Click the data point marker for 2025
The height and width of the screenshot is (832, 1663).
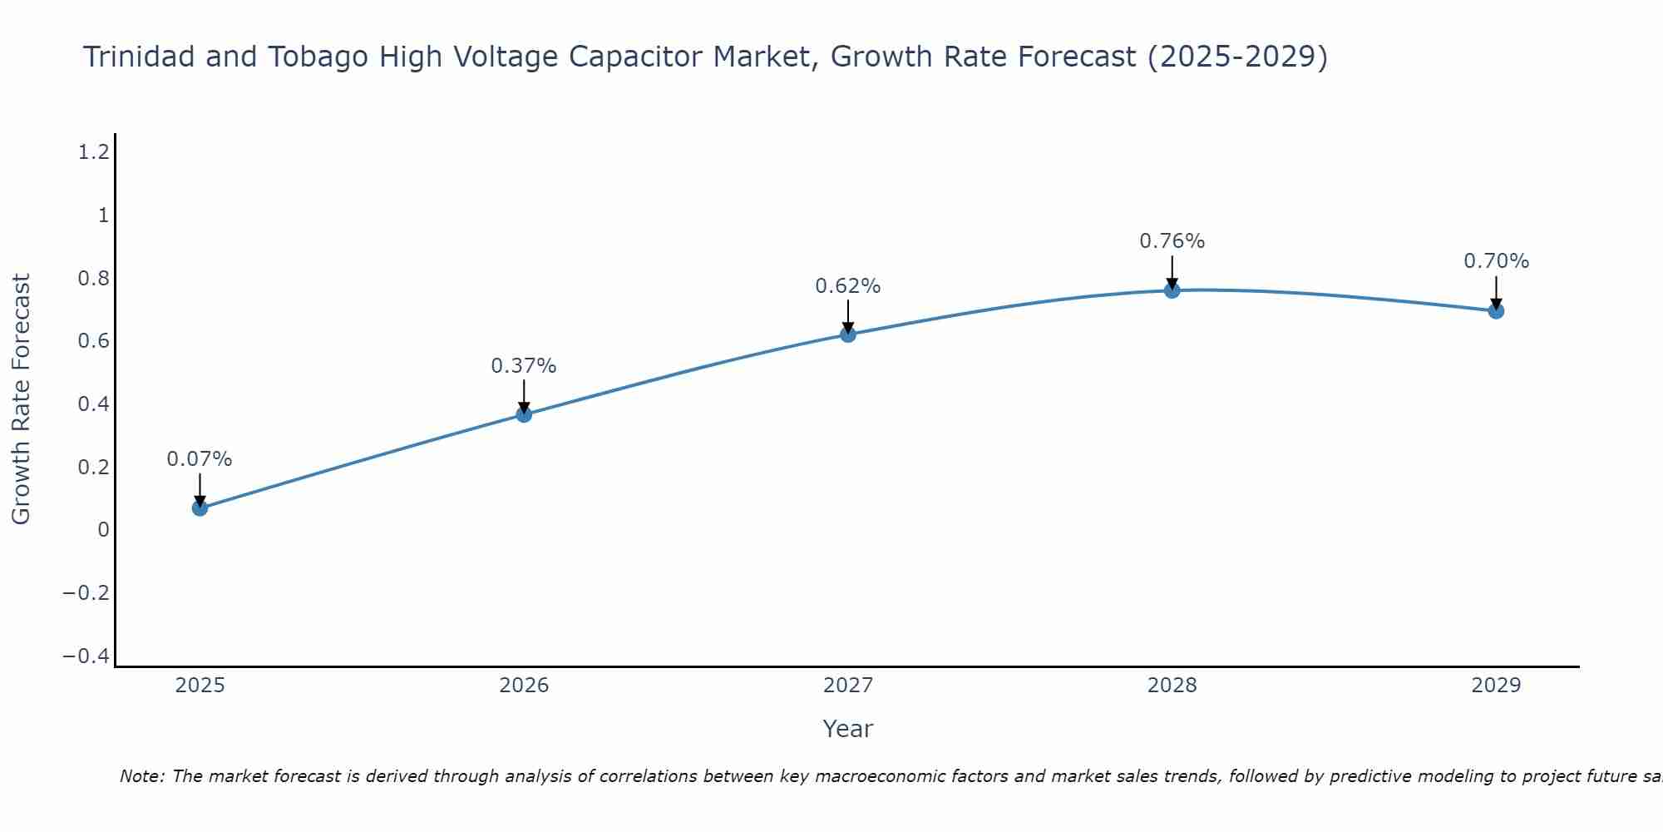click(200, 508)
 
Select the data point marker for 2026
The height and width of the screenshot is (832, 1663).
click(524, 414)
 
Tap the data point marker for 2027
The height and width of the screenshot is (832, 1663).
click(848, 334)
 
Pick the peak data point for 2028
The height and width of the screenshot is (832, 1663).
click(1172, 290)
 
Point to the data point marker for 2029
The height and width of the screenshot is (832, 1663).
click(1496, 311)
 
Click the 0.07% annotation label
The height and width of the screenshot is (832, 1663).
click(200, 459)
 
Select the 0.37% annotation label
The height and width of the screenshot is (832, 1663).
click(524, 366)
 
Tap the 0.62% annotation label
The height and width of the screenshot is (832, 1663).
click(848, 286)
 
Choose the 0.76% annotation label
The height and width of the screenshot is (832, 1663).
click(1172, 241)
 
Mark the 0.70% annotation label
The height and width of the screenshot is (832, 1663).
click(1496, 261)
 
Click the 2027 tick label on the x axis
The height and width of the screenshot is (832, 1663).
click(848, 686)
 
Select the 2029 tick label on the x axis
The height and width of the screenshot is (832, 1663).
click(1496, 686)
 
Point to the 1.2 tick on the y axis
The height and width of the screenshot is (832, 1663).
click(93, 152)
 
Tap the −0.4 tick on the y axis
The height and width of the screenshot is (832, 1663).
click(86, 656)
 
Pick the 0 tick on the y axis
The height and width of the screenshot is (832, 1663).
click(103, 530)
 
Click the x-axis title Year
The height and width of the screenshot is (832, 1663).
click(848, 730)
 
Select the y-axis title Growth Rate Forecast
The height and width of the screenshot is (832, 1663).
click(22, 399)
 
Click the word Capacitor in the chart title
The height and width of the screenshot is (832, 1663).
click(637, 57)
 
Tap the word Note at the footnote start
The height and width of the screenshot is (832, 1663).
click(142, 777)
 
